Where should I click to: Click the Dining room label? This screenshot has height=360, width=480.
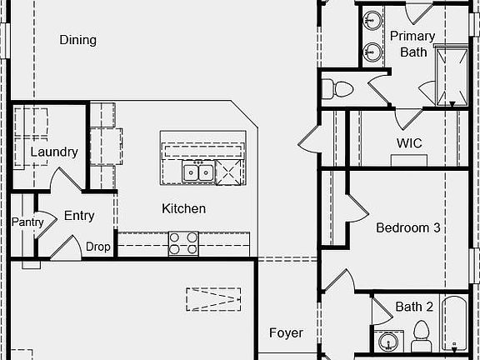[77, 40]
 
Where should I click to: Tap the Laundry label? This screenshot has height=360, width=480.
[54, 152]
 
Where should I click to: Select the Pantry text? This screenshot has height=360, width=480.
[27, 222]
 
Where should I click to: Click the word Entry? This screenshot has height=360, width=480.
[79, 216]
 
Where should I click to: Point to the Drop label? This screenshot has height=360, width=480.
[98, 247]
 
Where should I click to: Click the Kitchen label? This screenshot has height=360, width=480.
[183, 209]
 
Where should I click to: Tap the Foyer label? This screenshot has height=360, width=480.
[286, 333]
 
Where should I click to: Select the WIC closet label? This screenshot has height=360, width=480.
[409, 143]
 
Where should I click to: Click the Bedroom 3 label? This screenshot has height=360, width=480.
[408, 227]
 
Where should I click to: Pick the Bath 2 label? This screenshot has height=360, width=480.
[414, 307]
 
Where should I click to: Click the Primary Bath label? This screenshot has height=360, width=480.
[412, 44]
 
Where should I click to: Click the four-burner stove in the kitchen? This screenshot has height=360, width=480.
[183, 243]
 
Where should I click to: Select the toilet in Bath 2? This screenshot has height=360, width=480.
[421, 336]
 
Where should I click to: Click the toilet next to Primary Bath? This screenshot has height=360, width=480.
[337, 89]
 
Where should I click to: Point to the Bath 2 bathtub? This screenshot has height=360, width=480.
[454, 322]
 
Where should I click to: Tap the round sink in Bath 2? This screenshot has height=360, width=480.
[388, 341]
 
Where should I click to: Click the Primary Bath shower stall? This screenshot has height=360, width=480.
[452, 76]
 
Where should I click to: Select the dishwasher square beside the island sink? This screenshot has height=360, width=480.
[229, 172]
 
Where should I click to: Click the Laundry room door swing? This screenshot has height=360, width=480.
[65, 179]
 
